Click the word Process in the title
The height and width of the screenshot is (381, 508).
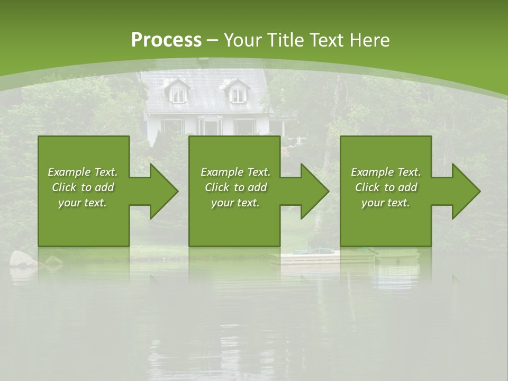[166, 40]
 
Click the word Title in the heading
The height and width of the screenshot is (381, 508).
[284, 40]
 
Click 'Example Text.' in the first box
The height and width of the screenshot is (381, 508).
[83, 172]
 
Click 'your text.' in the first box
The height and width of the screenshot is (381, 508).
[83, 203]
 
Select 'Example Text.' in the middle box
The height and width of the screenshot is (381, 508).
[235, 172]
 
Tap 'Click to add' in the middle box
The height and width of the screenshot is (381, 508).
[235, 187]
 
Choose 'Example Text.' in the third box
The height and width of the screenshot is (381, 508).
[386, 172]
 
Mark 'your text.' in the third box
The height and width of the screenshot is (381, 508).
[386, 203]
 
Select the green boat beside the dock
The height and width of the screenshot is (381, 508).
[397, 256]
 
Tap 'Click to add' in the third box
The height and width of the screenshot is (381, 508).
[386, 187]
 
